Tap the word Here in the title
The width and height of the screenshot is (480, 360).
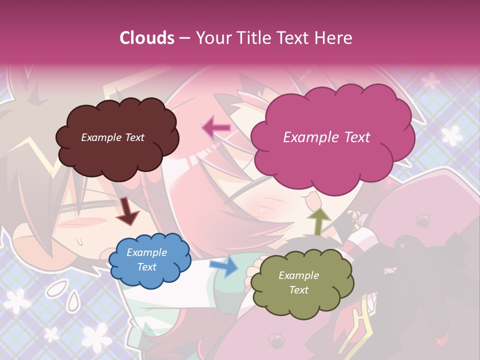pos(334,38)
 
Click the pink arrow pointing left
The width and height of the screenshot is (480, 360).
pos(216,128)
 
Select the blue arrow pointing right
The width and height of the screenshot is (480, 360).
pos(224,266)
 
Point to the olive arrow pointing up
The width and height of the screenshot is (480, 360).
pos(318,220)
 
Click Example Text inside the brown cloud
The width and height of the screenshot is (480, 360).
pos(112,137)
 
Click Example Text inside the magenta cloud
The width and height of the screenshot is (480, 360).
pos(326,137)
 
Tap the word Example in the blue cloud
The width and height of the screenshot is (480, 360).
pos(146,253)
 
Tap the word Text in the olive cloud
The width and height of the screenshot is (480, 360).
pos(298,290)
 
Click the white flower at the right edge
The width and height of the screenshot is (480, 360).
pos(452,134)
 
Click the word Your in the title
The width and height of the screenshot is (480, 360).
pos(210,38)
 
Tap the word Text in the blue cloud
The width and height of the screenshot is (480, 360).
pos(146,267)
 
